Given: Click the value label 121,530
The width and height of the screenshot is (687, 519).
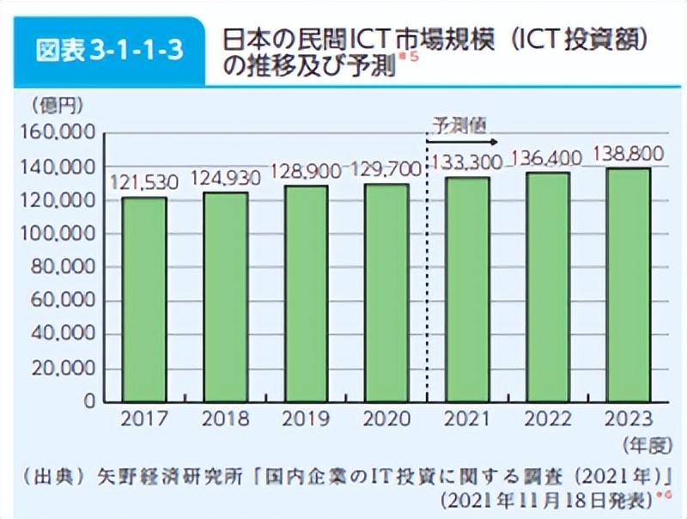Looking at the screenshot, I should click(144, 182).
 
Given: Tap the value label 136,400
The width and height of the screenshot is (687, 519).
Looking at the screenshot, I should click(548, 158).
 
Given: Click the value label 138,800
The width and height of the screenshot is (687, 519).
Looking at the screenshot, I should click(629, 154).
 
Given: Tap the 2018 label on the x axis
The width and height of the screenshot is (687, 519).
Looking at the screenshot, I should click(225, 419).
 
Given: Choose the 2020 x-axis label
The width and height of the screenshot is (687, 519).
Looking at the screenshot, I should click(386, 419).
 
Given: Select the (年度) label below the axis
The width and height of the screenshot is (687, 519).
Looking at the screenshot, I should click(643, 444).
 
